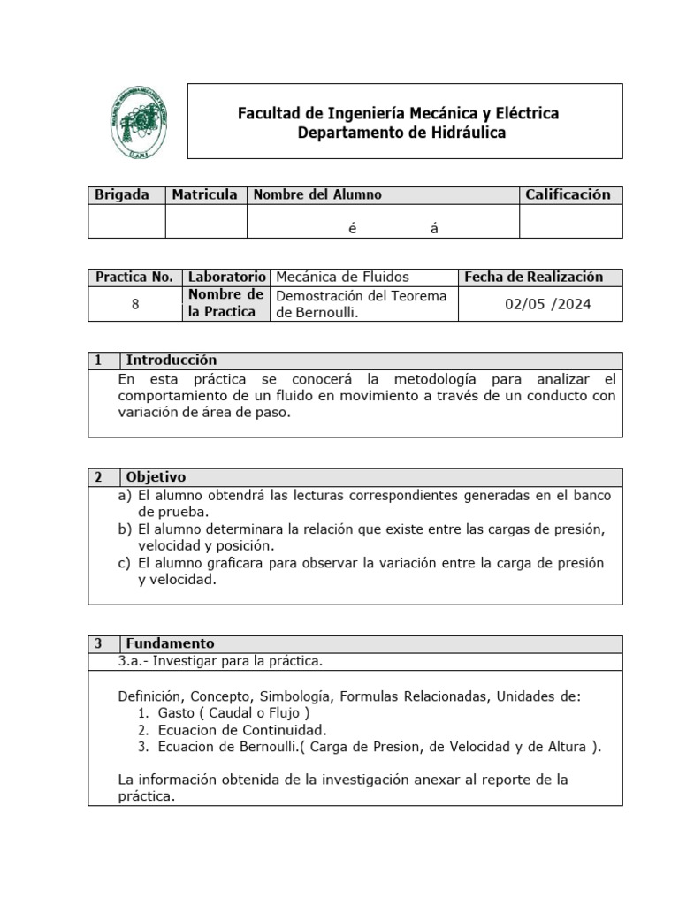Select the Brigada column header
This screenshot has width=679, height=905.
[122, 194]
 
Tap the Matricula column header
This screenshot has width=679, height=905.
[205, 194]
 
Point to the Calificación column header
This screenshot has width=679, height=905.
[568, 194]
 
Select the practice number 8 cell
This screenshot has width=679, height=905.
[135, 304]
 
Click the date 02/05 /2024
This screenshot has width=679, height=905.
[548, 304]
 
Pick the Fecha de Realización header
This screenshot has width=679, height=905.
[533, 277]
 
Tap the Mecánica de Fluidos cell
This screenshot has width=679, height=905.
[343, 277]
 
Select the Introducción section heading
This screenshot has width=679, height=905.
[172, 360]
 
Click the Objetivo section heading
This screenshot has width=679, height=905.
[156, 476]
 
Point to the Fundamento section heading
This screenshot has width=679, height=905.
[170, 643]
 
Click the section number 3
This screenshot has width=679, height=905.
[99, 643]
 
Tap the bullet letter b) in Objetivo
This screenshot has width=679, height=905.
[125, 529]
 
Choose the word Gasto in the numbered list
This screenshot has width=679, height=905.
[177, 713]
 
